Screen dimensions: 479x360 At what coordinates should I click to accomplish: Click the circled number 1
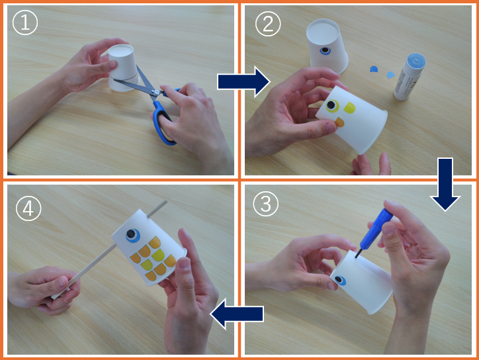25,22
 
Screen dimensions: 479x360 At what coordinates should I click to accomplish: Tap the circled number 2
267,24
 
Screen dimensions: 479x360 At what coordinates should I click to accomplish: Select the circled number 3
265,204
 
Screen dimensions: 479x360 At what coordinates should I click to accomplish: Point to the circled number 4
28,208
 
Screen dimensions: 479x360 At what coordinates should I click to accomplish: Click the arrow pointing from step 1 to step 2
243,82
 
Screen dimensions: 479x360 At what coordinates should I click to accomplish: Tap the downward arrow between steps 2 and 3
445,184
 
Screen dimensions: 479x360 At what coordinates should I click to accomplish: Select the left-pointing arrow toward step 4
237,314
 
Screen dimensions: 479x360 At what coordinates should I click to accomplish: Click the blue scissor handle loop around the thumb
163,126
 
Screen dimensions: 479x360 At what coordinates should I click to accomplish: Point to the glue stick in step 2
410,77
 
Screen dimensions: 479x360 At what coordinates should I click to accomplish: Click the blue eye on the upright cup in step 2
325,50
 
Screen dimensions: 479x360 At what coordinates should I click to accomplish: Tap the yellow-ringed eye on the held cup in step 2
331,106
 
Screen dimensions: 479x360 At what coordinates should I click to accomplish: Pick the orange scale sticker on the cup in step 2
339,122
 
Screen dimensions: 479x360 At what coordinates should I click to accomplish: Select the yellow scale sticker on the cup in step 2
350,108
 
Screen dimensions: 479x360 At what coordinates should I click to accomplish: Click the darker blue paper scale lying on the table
374,68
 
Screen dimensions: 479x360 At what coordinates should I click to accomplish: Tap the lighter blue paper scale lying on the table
390,75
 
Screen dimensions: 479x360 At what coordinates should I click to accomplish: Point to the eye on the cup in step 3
339,280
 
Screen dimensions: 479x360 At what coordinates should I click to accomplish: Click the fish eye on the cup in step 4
132,236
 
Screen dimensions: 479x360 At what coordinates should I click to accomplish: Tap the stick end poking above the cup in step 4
157,208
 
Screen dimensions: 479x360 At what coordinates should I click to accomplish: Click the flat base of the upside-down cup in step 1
121,50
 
